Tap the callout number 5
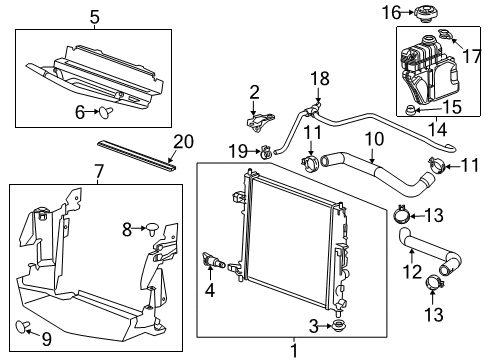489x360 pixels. tap(94, 16)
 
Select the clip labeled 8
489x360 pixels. tap(153, 229)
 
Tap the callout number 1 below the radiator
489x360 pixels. tap(292, 350)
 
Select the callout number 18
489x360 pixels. tap(319, 78)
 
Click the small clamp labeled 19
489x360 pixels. tap(266, 152)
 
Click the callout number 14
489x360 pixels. tap(433, 129)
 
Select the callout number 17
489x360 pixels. tap(473, 45)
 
